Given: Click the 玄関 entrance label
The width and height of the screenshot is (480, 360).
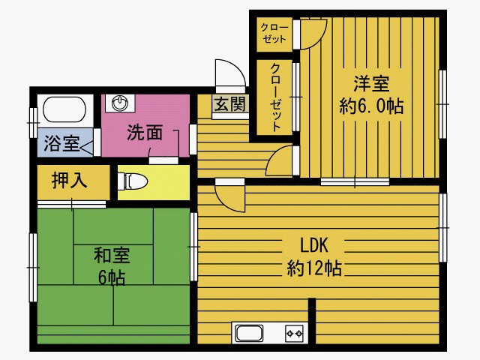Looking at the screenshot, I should [229, 105].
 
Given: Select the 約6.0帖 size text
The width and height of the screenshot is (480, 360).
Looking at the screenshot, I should [371, 106].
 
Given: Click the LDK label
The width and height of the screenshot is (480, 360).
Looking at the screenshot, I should [314, 245].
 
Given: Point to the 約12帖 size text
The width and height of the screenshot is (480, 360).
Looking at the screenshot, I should [314, 267].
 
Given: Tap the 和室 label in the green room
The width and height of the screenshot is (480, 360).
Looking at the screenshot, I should [111, 255].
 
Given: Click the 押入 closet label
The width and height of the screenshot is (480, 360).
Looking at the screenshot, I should [69, 180].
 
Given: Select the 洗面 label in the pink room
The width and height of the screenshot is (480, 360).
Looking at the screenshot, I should [144, 133].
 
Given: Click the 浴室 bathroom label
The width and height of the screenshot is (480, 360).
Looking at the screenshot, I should [61, 142].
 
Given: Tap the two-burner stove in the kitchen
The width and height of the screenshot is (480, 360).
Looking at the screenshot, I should [292, 332].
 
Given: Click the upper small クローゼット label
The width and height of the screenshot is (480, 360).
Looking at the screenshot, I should [273, 33].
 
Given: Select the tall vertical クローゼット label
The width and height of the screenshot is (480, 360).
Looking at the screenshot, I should [275, 96].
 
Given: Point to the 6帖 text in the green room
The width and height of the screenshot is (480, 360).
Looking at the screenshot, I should [111, 277].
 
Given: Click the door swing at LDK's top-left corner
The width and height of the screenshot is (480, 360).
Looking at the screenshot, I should [228, 195].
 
